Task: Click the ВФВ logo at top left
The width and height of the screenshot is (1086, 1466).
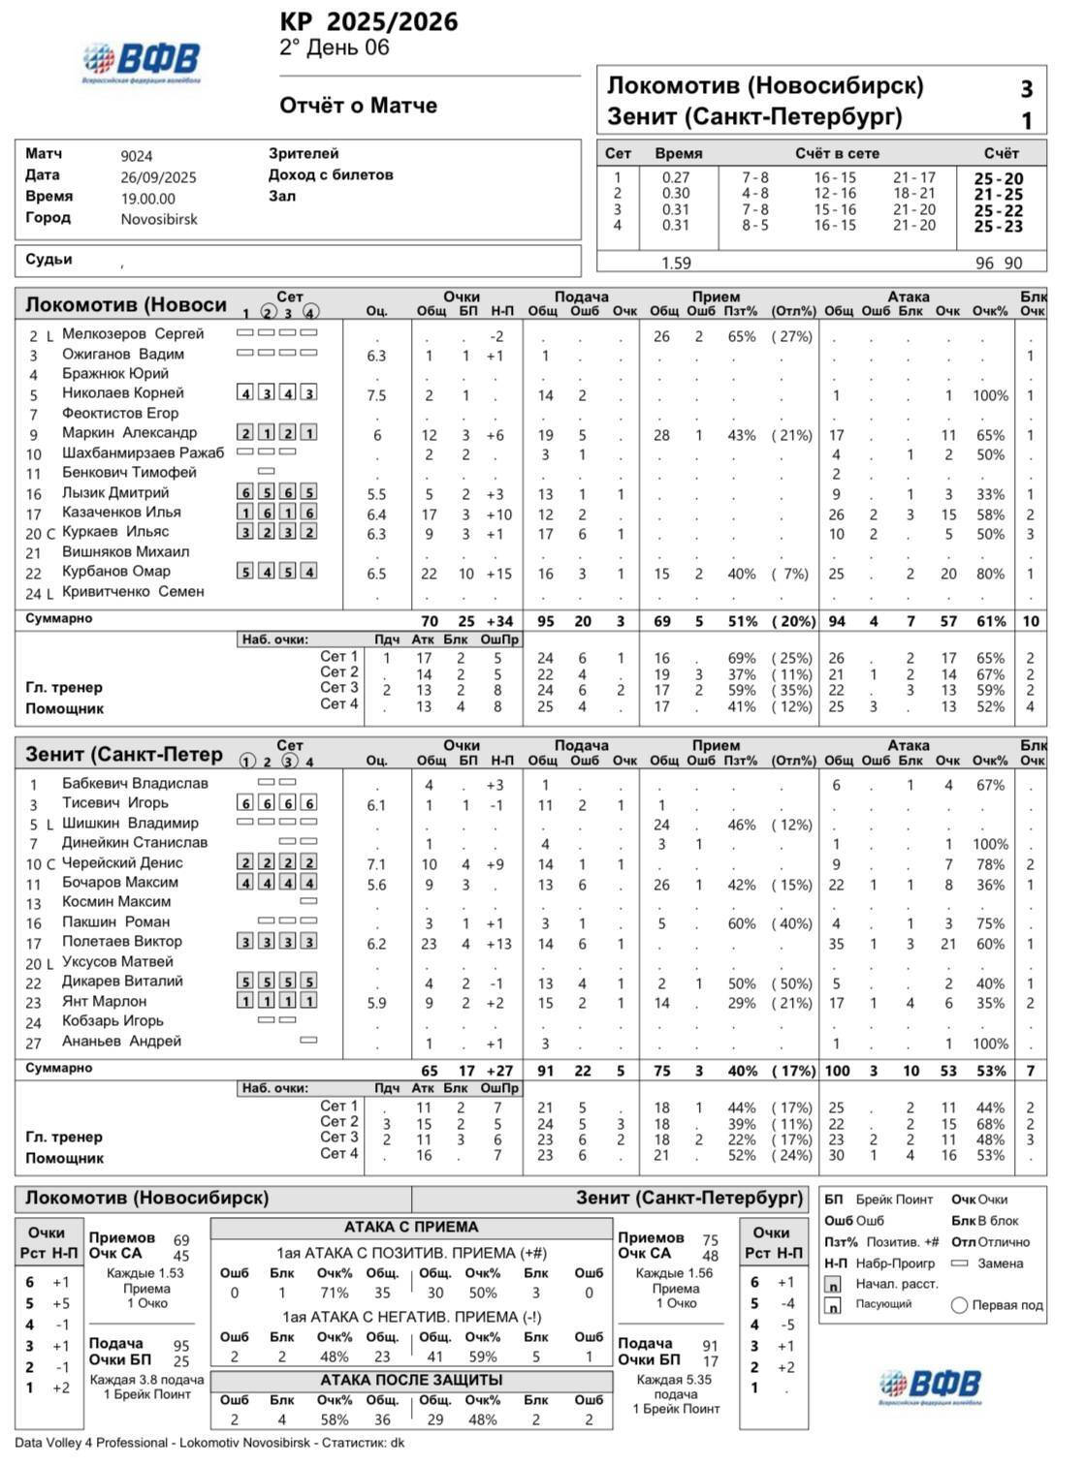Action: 142,61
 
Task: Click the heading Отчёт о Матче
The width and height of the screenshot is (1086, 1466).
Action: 358,106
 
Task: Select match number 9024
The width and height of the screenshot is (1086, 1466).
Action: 137,156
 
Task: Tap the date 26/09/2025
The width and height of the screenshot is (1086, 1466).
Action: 158,177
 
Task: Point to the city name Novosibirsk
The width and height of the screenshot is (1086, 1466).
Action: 159,219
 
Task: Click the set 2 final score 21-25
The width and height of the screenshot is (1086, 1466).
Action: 998,195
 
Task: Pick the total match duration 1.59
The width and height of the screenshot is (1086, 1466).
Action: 676,263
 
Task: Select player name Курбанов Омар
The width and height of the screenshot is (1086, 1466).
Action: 115,572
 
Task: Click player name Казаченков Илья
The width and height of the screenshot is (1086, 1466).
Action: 121,513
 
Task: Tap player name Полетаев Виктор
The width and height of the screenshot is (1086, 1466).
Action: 121,942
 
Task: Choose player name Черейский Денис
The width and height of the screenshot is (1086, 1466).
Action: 122,862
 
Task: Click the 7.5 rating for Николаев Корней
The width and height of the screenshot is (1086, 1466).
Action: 376,395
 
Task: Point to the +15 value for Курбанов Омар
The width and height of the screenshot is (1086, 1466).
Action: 498,574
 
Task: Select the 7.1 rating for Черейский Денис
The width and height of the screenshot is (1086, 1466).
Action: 376,864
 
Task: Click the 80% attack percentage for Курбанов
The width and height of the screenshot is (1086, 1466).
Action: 990,574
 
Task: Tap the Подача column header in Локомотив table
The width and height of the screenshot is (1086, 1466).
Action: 582,296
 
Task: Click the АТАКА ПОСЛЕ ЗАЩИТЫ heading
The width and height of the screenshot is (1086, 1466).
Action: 412,1380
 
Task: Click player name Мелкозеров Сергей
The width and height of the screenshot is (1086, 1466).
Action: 133,334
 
